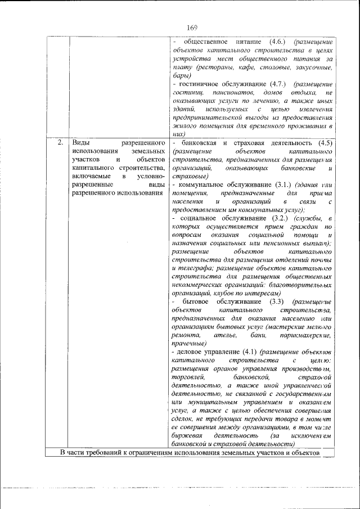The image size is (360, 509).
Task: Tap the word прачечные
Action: tap(190, 343)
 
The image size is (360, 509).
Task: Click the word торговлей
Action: tap(190, 377)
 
